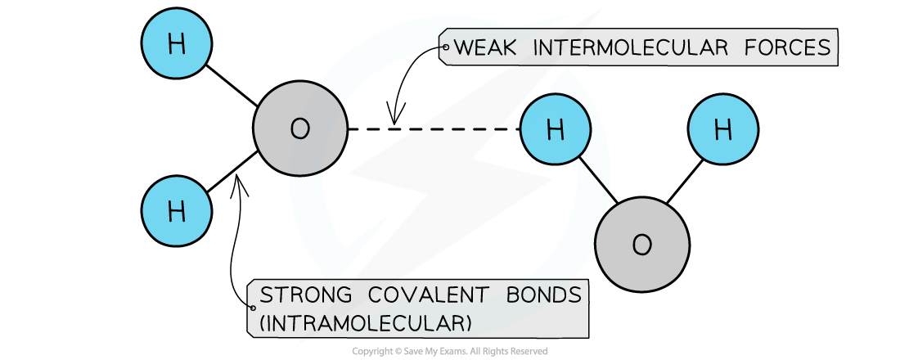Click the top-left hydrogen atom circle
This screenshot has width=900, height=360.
pos(177,44)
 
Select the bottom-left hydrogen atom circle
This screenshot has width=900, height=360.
pos(177,211)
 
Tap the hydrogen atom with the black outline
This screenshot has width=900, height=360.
pos(556,128)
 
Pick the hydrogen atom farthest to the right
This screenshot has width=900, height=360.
pos(722,128)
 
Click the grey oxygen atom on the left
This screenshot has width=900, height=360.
pos(300,128)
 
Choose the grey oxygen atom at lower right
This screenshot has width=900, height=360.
pos(641,245)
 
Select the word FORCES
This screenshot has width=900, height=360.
pos(791,48)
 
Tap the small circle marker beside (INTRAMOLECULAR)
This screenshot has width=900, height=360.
pos(253,308)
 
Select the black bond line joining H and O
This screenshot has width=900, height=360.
pos(595,176)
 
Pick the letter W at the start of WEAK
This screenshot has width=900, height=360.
pos(463,48)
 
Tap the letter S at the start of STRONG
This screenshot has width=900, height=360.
pos(265,295)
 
